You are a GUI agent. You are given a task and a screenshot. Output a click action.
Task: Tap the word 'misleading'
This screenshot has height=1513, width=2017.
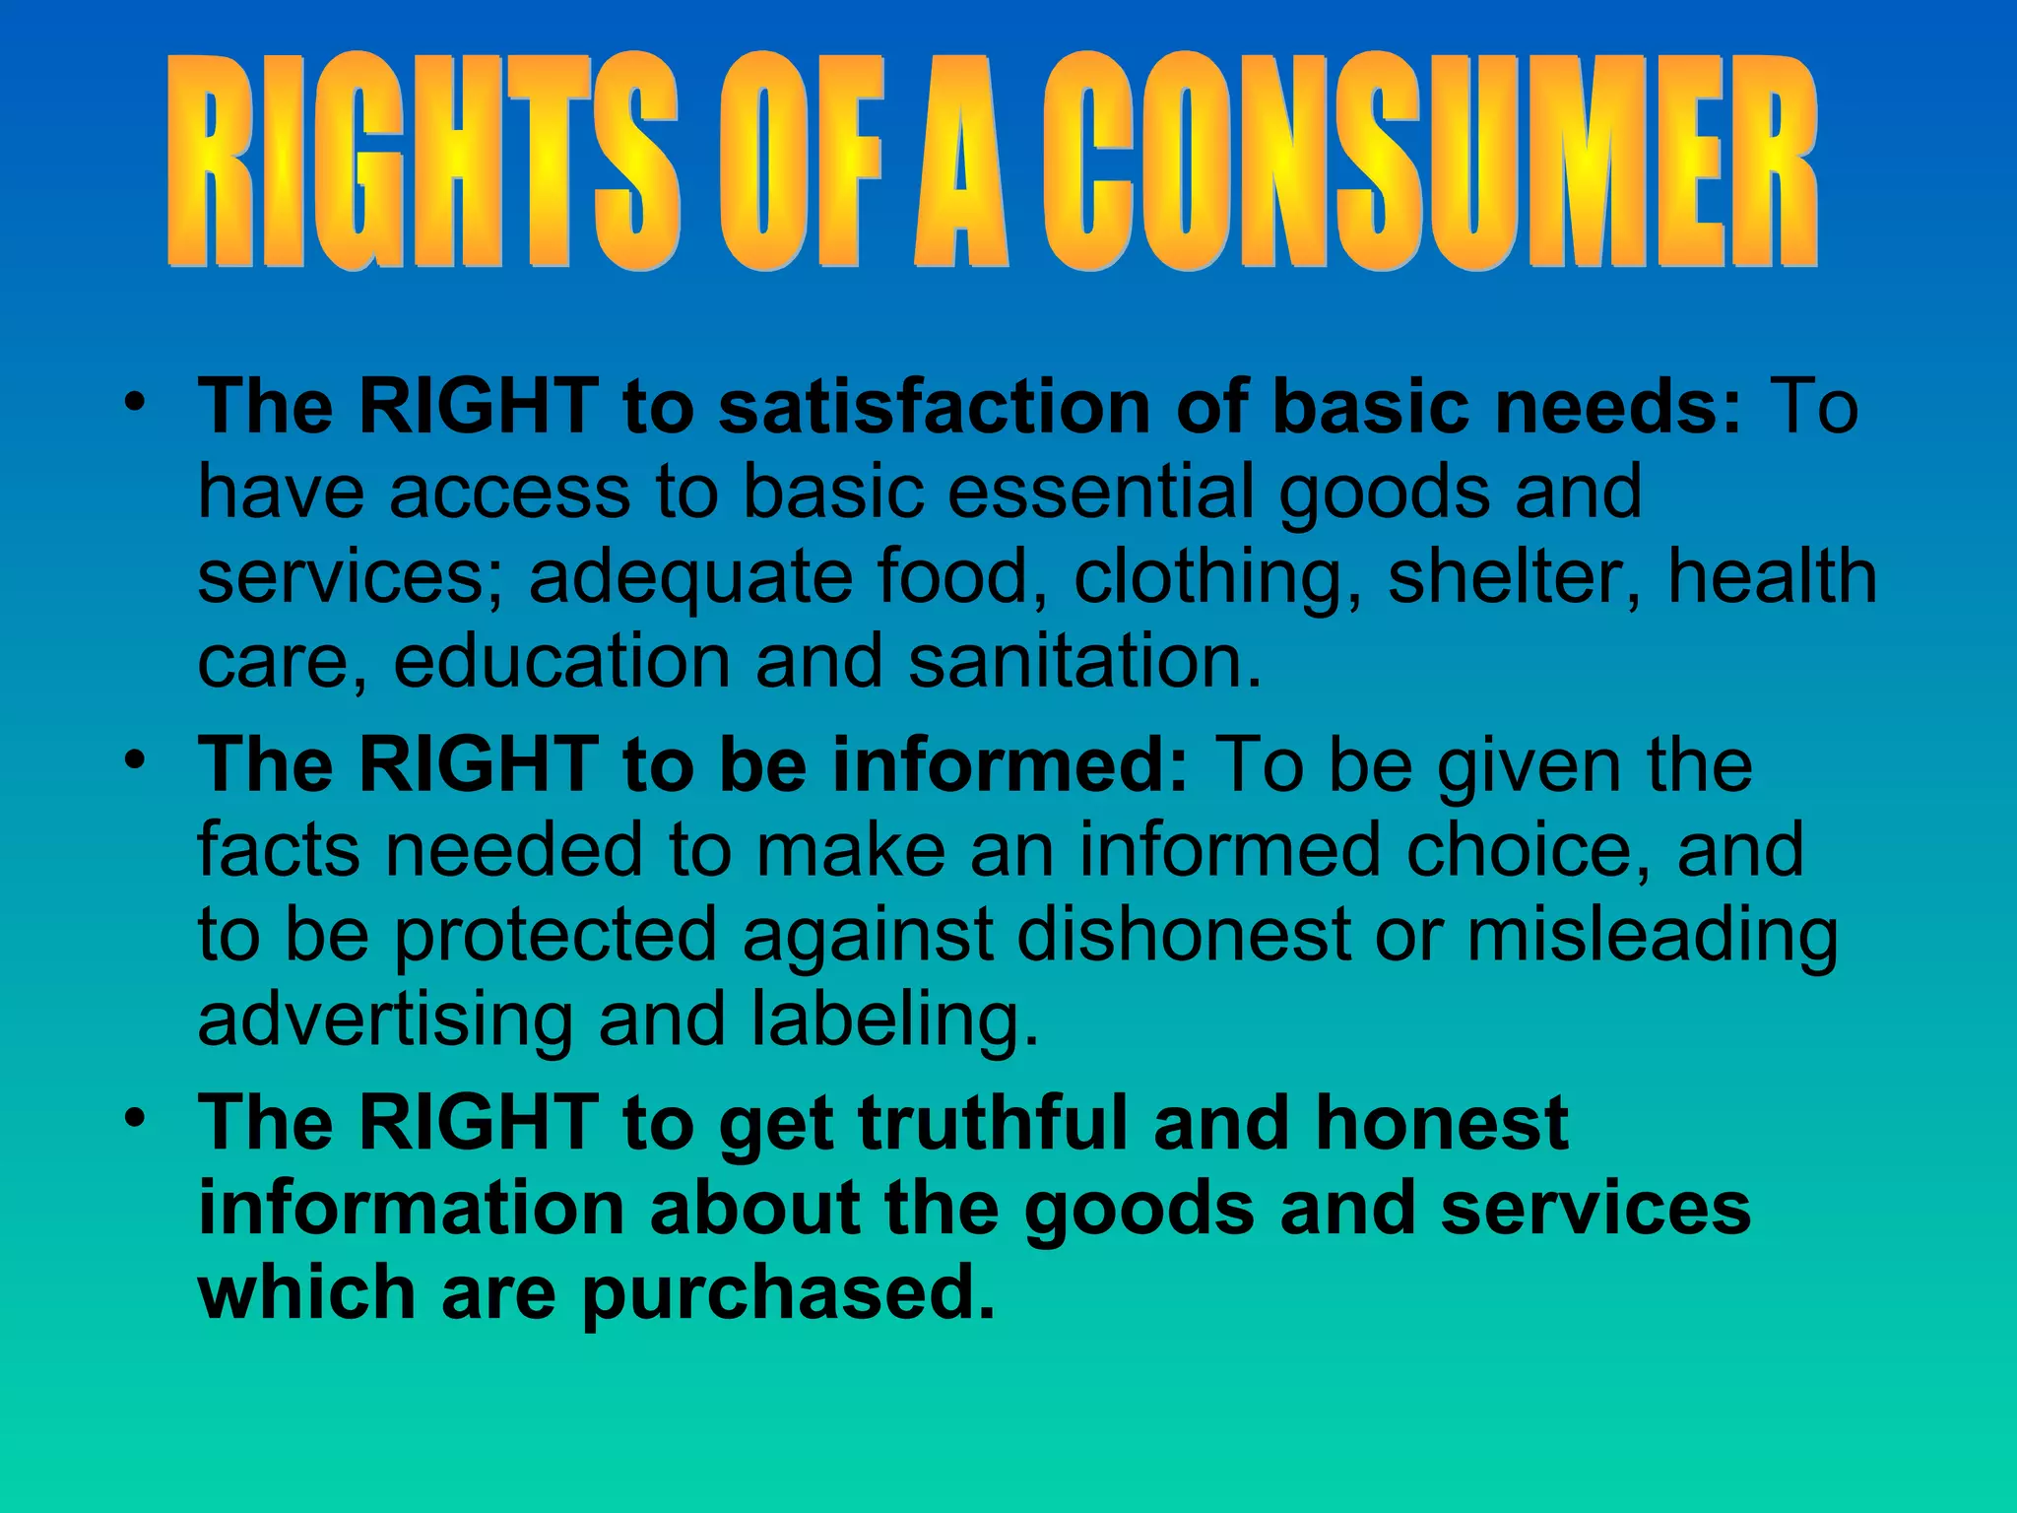point(1652,936)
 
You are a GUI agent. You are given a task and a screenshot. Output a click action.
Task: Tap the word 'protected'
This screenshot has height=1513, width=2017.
point(556,936)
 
